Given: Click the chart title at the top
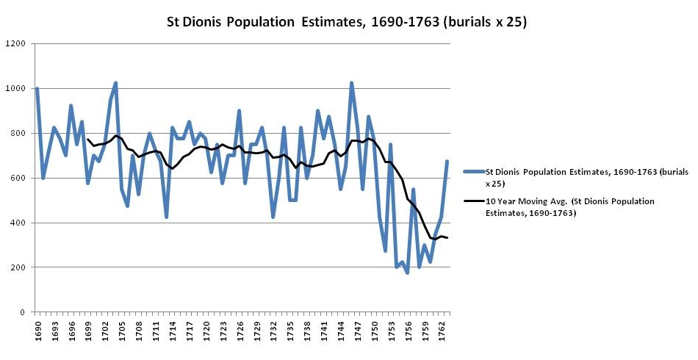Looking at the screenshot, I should (348, 22).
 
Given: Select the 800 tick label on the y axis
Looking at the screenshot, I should (19, 134).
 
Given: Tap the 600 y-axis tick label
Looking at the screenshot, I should (19, 179).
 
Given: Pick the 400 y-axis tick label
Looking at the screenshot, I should (19, 223).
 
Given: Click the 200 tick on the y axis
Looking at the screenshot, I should (19, 267).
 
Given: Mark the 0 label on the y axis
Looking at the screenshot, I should (24, 312).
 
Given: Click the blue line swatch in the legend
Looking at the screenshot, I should (473, 172).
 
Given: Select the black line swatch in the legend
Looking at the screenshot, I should (473, 201).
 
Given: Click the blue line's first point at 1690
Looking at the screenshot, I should (37, 89).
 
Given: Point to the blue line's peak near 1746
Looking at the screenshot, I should (351, 83).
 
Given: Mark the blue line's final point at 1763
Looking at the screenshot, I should (447, 161).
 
